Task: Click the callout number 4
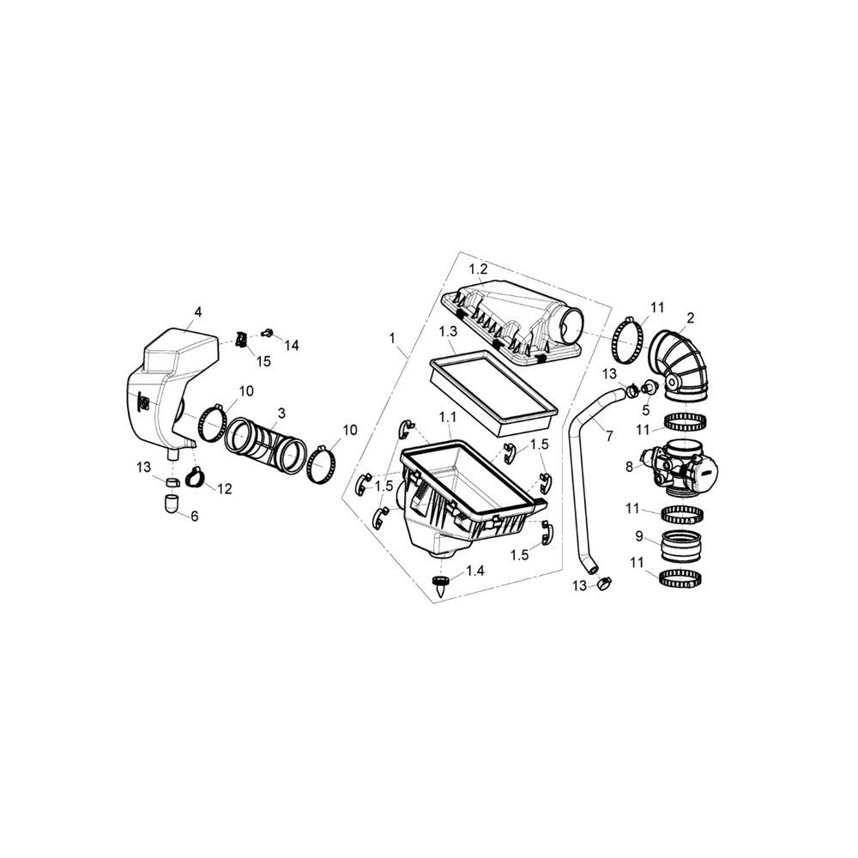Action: (198, 312)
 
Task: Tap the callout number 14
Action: (292, 345)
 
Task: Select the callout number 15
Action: (263, 362)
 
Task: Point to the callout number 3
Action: (281, 414)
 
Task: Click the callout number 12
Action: (224, 489)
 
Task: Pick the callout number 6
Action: (195, 516)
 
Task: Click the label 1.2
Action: (478, 269)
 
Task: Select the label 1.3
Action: (448, 331)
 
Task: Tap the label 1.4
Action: (475, 571)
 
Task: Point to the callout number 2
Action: (690, 317)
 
